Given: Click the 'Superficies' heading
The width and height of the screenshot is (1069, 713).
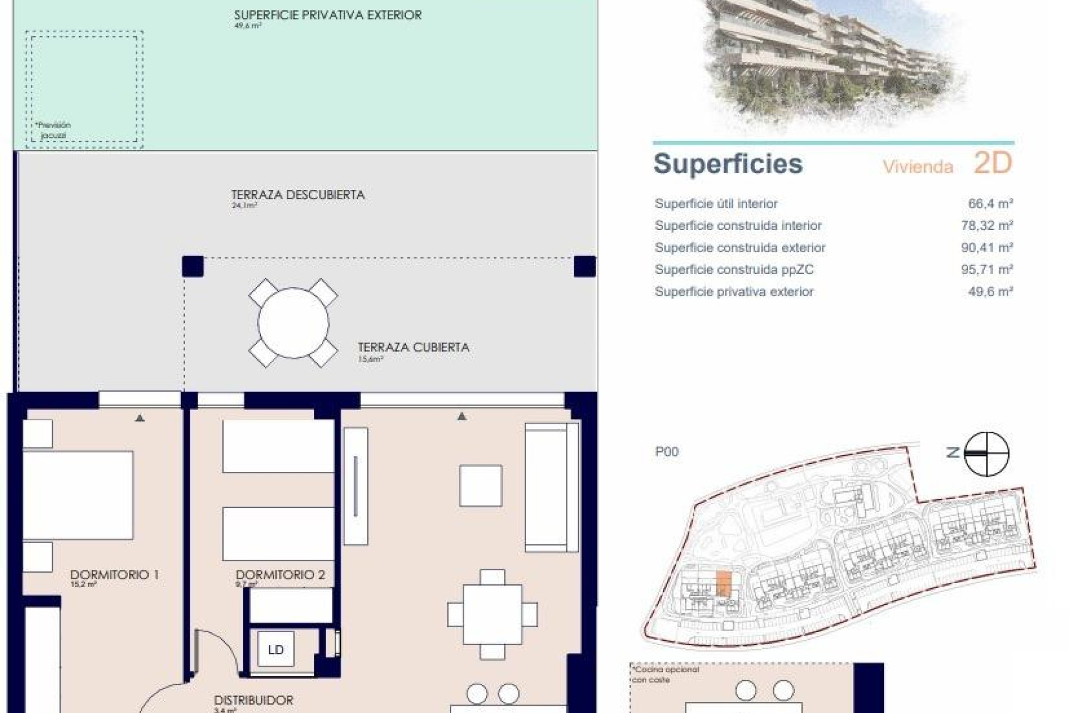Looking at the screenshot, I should point(728,164).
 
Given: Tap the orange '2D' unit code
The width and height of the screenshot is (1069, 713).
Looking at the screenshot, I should point(992,163).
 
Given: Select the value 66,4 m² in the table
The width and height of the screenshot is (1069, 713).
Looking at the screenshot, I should point(990,204).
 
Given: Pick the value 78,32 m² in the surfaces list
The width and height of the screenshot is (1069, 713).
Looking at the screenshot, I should point(987,226).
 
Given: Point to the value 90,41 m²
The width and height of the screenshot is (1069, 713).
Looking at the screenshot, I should point(987,248).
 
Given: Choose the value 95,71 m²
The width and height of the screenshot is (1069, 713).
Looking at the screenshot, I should point(987,270).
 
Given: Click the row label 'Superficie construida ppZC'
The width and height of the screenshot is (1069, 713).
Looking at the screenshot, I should point(734,270).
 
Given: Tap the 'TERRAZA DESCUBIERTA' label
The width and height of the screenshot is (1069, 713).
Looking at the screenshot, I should point(298,195).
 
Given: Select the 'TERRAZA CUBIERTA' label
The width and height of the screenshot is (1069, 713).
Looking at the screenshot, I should point(413,348).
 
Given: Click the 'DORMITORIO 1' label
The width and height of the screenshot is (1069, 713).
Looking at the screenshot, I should point(114,574).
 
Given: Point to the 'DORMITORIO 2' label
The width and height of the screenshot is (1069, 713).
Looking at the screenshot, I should point(280,574).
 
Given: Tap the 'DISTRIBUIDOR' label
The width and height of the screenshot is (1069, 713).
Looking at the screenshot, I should point(253,700).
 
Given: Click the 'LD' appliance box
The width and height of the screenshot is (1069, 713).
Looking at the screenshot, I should point(276,649).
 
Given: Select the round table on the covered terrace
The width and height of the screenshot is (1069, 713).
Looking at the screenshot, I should point(293,323).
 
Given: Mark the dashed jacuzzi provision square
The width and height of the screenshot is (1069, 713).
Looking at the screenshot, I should point(84,89).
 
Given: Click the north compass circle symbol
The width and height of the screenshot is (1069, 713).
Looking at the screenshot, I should point(986,453).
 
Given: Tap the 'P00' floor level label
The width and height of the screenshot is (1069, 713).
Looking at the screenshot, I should point(667,452).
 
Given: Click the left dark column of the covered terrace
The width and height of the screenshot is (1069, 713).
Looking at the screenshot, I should point(193,266).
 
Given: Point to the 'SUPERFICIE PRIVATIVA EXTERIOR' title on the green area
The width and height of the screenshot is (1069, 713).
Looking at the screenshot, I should point(327,15).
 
